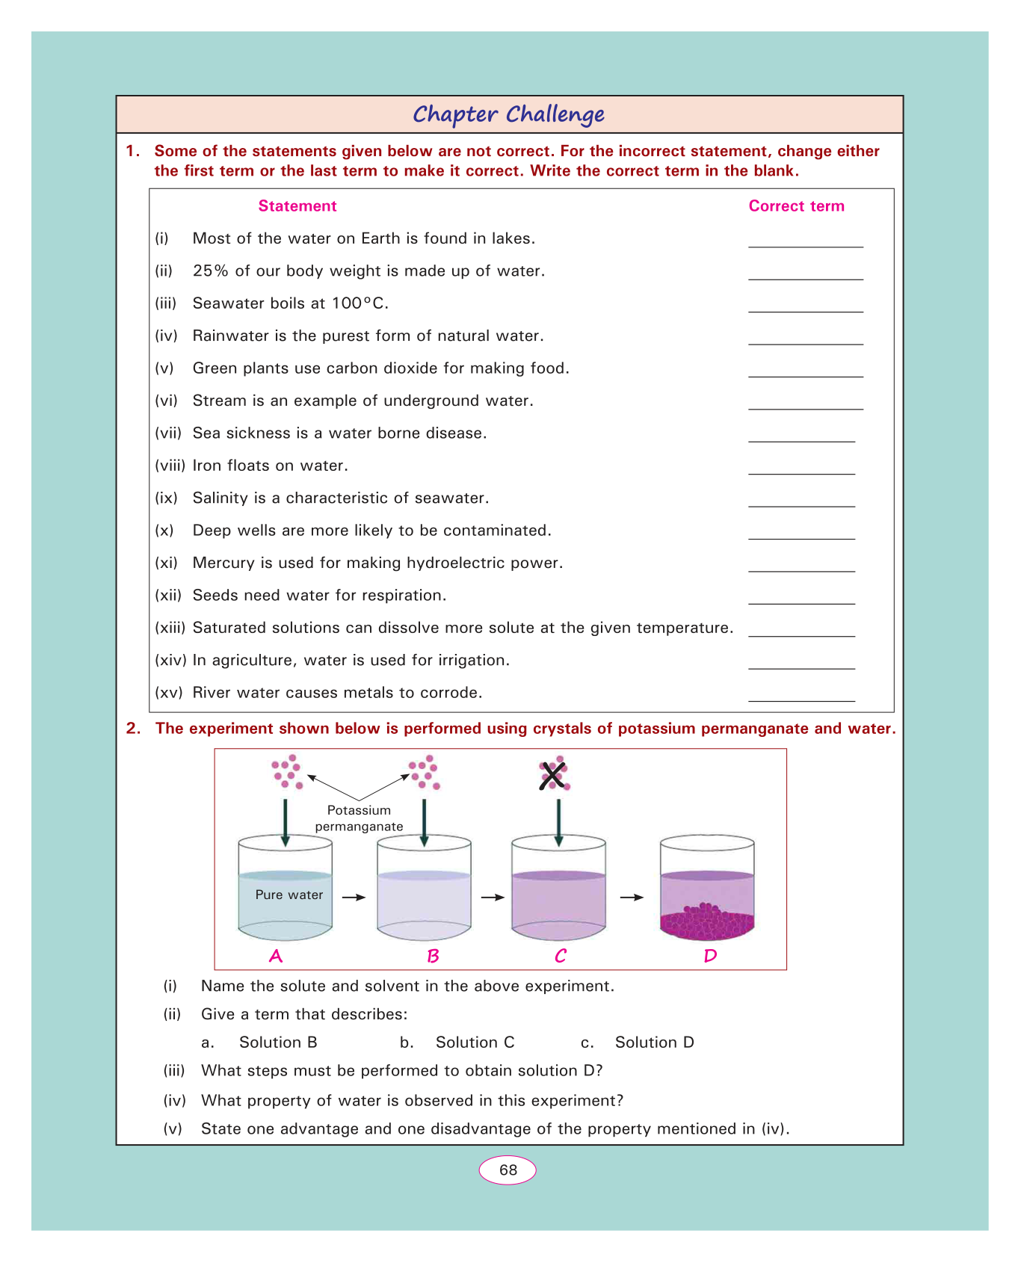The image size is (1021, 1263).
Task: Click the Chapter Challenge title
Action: (x=508, y=114)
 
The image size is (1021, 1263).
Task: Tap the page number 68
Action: (x=508, y=1170)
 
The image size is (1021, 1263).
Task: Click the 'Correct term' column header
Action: (x=796, y=206)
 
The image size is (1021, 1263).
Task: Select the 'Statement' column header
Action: (x=297, y=206)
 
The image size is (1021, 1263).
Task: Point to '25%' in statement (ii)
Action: (x=211, y=271)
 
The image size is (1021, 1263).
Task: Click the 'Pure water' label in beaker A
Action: (x=289, y=895)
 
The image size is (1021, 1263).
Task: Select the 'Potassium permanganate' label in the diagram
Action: (x=359, y=818)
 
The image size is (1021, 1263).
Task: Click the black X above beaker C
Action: (x=552, y=776)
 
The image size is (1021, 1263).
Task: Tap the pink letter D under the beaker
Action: (x=710, y=956)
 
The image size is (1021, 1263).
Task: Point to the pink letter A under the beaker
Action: (x=276, y=956)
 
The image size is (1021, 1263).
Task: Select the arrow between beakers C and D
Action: (x=632, y=898)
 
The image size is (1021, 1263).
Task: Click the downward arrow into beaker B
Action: (x=425, y=822)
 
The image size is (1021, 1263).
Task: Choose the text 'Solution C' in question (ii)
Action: (x=475, y=1043)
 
